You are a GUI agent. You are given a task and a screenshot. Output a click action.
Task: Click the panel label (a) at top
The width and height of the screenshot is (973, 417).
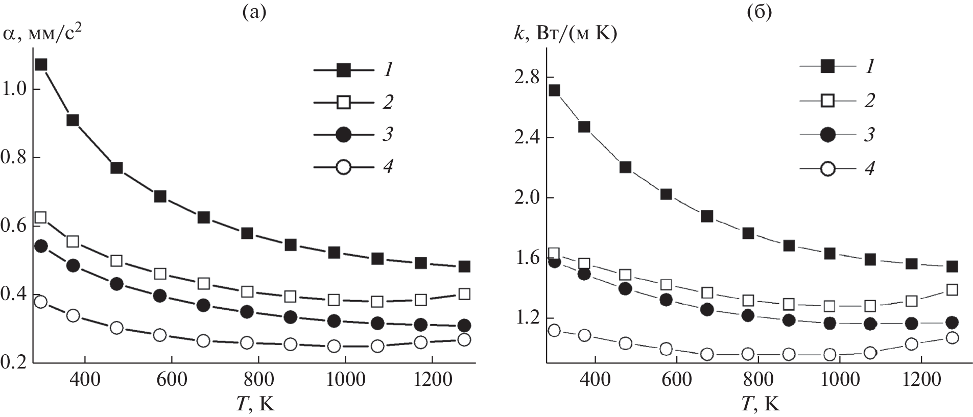pyautogui.click(x=254, y=12)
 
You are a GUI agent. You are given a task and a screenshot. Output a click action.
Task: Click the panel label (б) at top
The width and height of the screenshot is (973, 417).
pyautogui.click(x=760, y=12)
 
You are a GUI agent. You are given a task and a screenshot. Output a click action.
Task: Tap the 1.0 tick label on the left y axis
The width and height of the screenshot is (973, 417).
pyautogui.click(x=14, y=89)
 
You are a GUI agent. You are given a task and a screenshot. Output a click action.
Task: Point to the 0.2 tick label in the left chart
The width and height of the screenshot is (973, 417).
pyautogui.click(x=14, y=363)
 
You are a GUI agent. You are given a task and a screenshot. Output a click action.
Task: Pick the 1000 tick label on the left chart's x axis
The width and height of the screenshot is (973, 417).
pyautogui.click(x=345, y=380)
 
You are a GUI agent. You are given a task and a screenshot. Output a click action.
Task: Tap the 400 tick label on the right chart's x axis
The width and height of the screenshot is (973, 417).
pyautogui.click(x=595, y=380)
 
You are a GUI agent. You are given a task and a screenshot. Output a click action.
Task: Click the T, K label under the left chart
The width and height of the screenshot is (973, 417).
pyautogui.click(x=255, y=404)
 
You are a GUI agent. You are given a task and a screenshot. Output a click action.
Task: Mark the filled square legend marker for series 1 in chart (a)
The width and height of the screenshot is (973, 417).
pyautogui.click(x=344, y=70)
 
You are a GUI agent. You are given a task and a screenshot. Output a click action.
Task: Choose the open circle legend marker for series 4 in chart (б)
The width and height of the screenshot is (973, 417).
pyautogui.click(x=827, y=168)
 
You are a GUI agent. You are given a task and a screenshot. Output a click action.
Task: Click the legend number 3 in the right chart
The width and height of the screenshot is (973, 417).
pyautogui.click(x=869, y=134)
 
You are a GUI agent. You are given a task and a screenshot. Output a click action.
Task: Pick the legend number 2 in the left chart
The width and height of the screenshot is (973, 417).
pyautogui.click(x=388, y=102)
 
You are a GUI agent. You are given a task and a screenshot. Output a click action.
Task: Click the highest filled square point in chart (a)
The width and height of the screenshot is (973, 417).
pyautogui.click(x=41, y=64)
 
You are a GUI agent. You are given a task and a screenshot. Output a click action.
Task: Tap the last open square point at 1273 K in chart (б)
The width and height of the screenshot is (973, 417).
pyautogui.click(x=952, y=290)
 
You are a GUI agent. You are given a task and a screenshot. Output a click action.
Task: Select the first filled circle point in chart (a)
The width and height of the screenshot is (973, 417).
pyautogui.click(x=41, y=246)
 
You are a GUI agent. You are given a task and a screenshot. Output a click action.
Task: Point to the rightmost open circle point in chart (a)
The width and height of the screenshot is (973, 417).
pyautogui.click(x=464, y=340)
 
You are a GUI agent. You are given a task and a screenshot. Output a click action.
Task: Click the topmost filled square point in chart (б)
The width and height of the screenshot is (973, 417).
pyautogui.click(x=554, y=91)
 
